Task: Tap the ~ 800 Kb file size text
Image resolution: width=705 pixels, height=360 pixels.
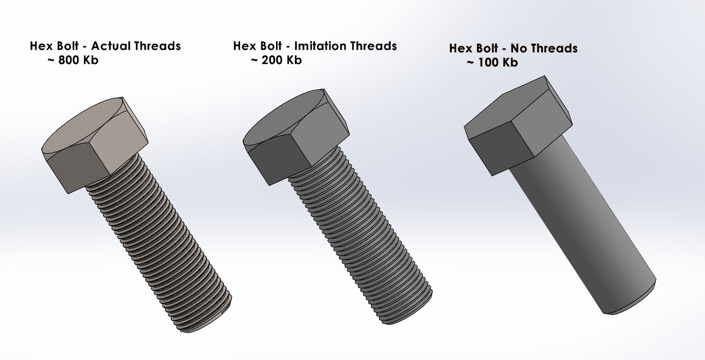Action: [x=73, y=60]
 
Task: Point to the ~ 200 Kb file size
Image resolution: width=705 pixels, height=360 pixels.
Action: [x=276, y=60]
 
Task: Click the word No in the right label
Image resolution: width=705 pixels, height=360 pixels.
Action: [x=519, y=48]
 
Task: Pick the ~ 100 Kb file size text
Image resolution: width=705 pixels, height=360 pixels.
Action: [x=492, y=63]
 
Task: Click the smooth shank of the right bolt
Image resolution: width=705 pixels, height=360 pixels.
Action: [x=582, y=221]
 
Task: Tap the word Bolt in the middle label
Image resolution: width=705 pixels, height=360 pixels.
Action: [x=272, y=46]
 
